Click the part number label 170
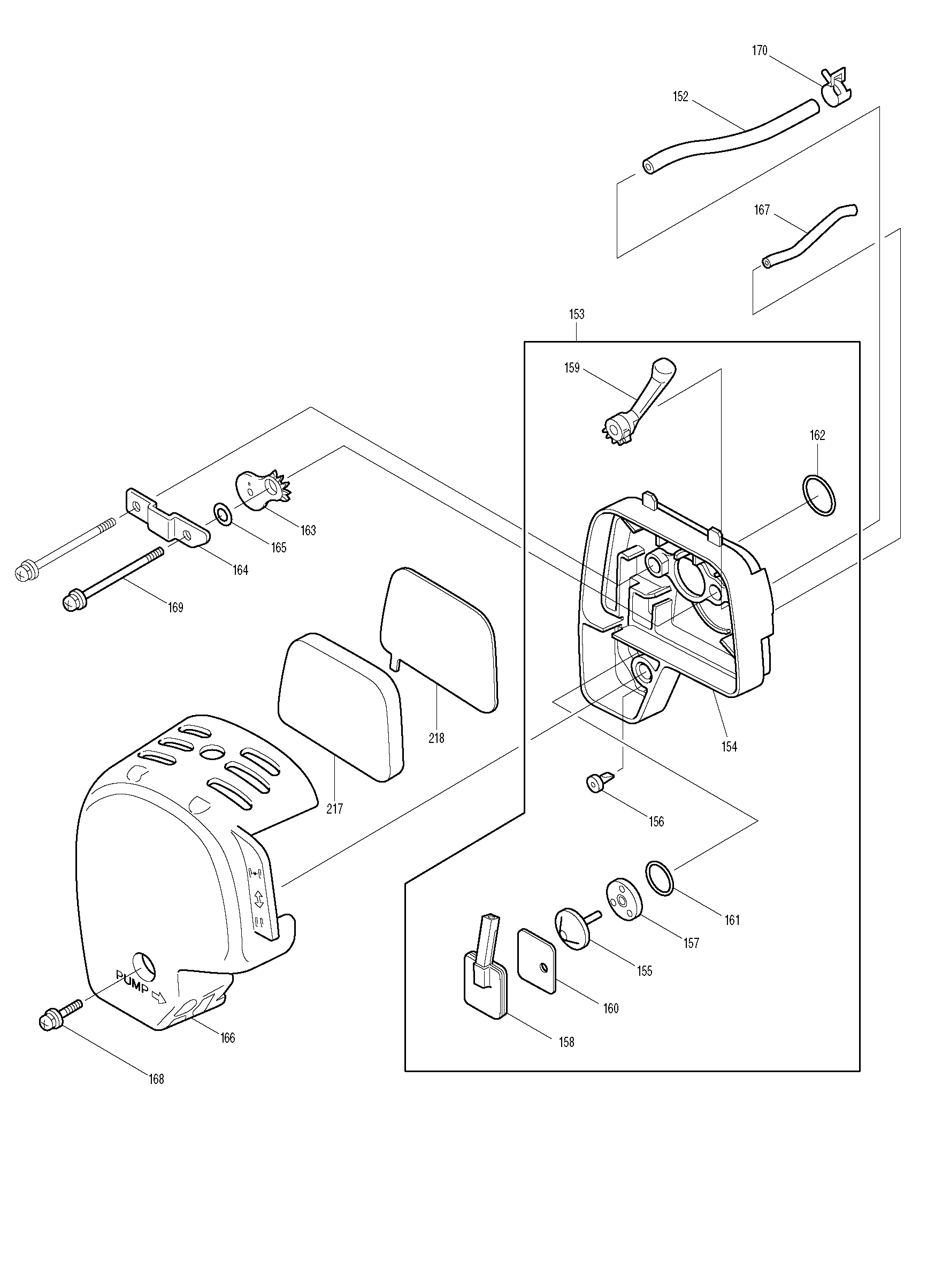pos(759,51)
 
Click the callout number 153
pos(577,314)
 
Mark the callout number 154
pos(729,747)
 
